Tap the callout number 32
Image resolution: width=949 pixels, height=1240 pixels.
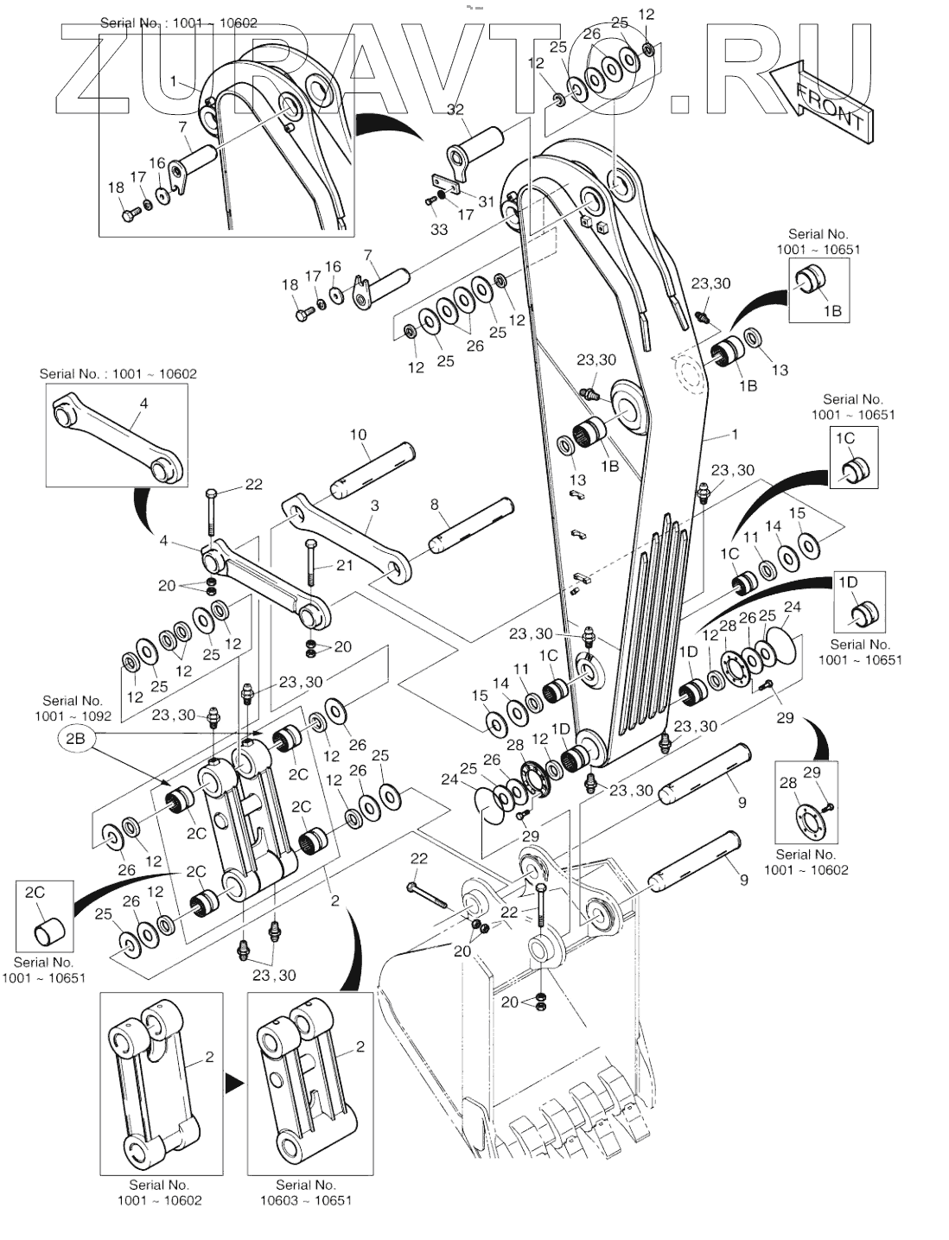455,110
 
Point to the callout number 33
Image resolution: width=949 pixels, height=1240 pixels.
439,229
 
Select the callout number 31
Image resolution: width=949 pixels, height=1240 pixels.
486,201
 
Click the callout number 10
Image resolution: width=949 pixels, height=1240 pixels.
358,435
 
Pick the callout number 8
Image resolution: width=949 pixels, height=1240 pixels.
435,504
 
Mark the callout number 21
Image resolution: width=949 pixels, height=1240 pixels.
344,565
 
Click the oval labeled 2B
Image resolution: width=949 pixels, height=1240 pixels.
75,739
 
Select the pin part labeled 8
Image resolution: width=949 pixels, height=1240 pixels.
472,525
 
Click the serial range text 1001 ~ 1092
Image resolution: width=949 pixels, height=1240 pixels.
73,716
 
